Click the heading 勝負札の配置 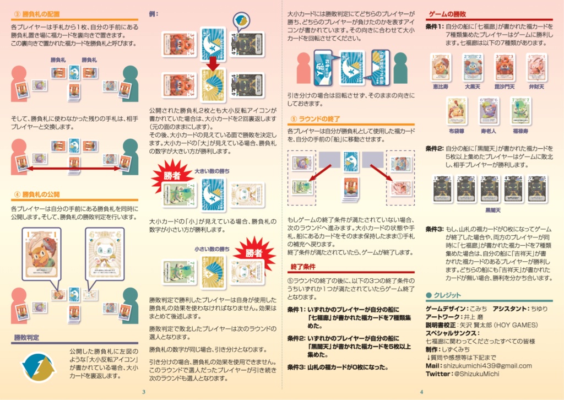click(x=41, y=14)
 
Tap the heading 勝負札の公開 click(x=41, y=194)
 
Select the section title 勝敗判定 click(x=26, y=337)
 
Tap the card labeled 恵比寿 click(x=441, y=67)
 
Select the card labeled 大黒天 click(x=473, y=67)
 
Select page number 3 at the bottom click(x=143, y=392)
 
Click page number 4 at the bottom click(x=421, y=392)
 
